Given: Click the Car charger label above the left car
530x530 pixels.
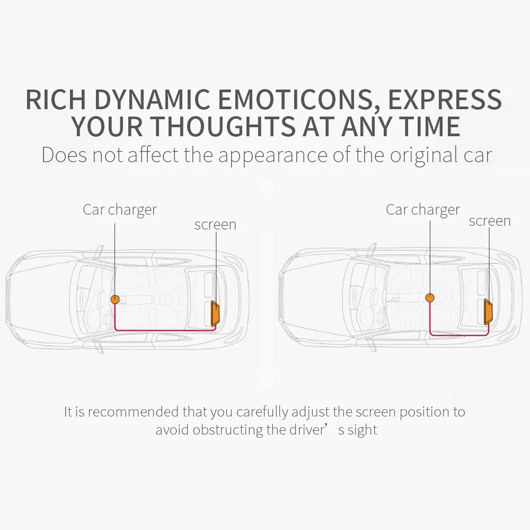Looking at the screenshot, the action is pos(120,210).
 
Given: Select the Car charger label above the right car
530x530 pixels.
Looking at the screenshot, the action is pos(423,210).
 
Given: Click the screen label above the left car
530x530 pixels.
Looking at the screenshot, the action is pos(215,225).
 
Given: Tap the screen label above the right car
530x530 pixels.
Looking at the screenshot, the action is pos(490,221).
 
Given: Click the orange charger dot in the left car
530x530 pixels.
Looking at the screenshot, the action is pos(115,299).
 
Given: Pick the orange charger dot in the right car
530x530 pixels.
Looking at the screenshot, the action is pos(430,298).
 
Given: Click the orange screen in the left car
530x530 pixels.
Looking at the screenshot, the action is pos(216,313).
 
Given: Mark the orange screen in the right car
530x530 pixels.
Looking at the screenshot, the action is pos(488,311).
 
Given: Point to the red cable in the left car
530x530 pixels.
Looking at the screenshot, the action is pos(164,330).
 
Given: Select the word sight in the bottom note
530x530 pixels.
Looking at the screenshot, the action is pos(363,430).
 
